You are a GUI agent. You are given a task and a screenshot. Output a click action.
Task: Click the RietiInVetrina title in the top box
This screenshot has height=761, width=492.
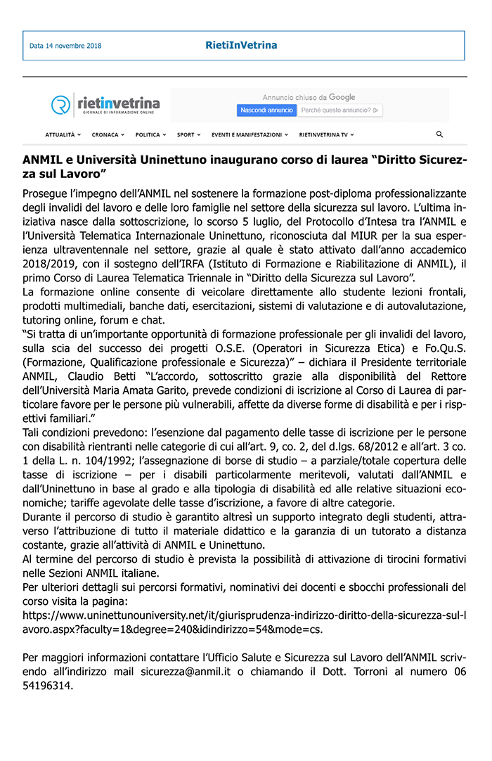(x=241, y=45)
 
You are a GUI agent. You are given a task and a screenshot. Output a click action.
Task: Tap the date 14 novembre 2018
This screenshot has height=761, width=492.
(x=65, y=46)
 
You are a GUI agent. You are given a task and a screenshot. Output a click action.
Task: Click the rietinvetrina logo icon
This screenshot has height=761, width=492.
(x=61, y=105)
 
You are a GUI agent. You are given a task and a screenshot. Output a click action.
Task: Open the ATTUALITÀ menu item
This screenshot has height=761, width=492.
(x=63, y=134)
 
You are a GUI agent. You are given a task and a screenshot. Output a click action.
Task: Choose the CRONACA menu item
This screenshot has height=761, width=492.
(x=108, y=134)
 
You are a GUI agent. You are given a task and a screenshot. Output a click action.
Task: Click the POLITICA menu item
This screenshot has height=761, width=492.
(x=150, y=134)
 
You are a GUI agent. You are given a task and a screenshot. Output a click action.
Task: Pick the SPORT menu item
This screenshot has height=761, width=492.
(x=188, y=134)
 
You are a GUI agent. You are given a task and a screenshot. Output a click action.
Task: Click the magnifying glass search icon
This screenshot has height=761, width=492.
(x=440, y=134)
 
